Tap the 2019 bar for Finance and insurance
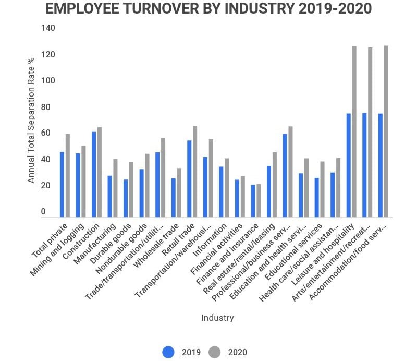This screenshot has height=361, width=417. [253, 201]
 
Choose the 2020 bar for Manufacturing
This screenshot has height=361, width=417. [115, 188]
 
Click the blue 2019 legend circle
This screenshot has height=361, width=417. [168, 352]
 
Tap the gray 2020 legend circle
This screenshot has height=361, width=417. [215, 352]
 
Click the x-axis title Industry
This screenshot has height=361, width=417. [217, 318]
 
